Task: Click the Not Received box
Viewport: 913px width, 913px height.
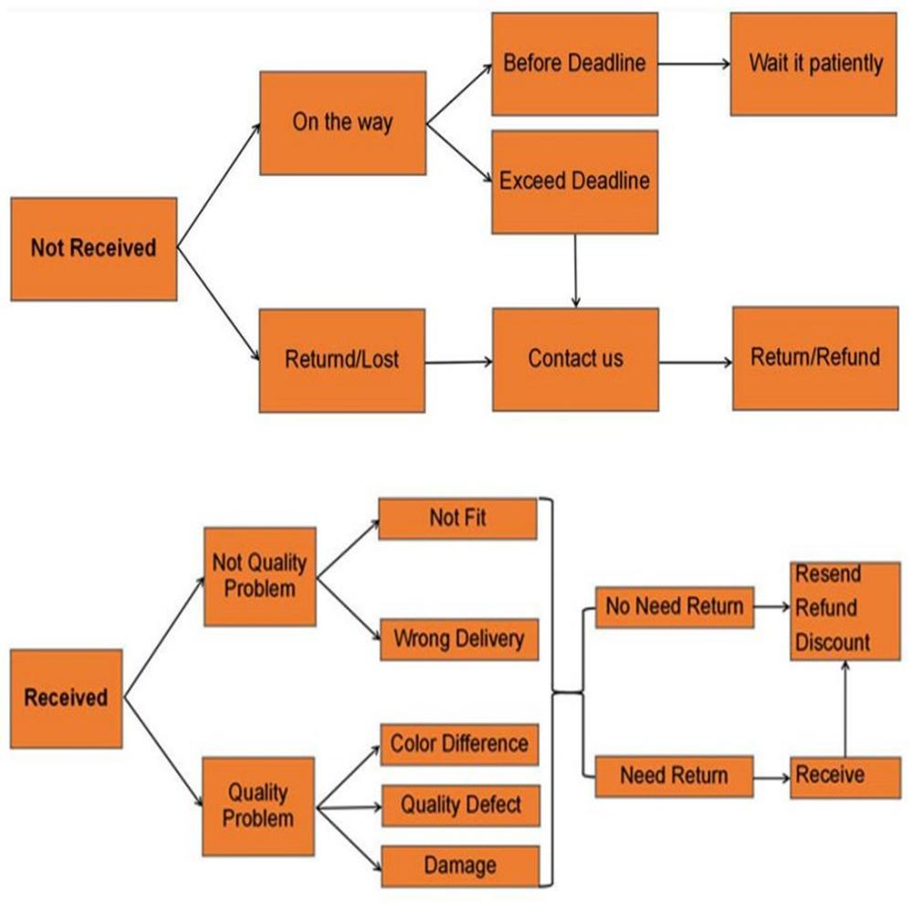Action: [93, 248]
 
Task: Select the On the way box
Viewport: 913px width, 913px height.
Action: [342, 122]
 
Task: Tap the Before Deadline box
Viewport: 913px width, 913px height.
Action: [574, 63]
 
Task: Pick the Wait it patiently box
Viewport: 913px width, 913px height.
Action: [813, 63]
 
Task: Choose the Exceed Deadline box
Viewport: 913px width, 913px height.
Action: [574, 181]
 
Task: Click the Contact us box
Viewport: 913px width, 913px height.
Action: [575, 359]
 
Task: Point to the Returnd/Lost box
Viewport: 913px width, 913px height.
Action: [342, 360]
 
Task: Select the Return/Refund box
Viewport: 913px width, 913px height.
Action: [814, 357]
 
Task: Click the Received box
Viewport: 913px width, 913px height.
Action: [66, 698]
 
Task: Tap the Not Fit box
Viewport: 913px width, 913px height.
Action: [457, 519]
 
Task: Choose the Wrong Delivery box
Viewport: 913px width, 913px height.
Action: [458, 638]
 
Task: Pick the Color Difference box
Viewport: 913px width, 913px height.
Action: [458, 744]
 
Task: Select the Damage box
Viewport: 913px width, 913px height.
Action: [459, 866]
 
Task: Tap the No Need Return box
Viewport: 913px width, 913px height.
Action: [675, 607]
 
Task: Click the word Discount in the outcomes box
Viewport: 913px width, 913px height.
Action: [833, 642]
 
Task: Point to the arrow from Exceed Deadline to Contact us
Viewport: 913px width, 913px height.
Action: [575, 271]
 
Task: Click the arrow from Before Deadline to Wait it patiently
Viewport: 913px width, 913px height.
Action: [694, 64]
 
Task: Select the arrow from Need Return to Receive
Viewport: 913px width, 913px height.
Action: [771, 778]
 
